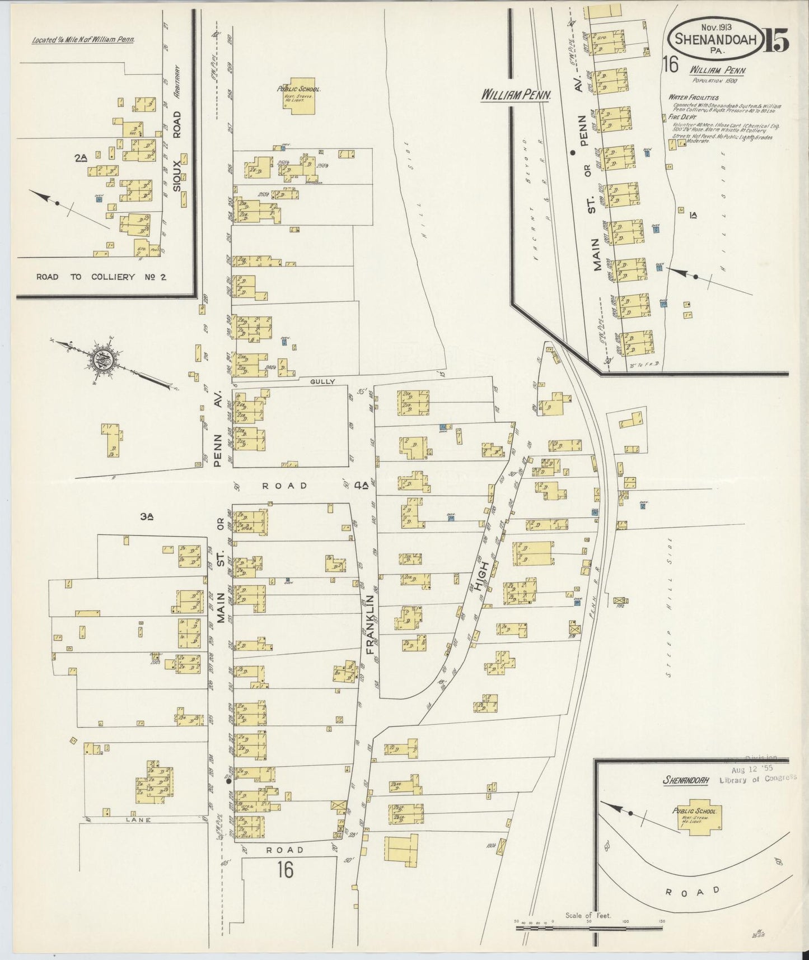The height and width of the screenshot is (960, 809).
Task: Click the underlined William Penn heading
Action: [517, 96]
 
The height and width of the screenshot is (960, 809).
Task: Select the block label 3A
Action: [147, 518]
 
